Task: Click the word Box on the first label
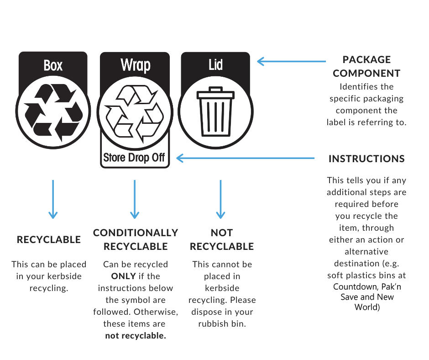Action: [53, 65]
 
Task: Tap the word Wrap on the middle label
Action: [136, 65]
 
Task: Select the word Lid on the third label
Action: [215, 65]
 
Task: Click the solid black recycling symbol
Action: [53, 112]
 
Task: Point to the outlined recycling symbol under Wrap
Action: [135, 114]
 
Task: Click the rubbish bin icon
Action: [215, 111]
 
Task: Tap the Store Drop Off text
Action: [134, 158]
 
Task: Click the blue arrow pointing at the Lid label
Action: [291, 61]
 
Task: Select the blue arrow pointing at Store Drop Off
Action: [246, 158]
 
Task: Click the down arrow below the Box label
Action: [53, 199]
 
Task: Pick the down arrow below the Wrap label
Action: [135, 199]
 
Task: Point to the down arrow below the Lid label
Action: [220, 199]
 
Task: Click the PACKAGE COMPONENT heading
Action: [366, 66]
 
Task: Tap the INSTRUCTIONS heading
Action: [366, 159]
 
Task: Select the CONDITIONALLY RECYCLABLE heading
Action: [136, 239]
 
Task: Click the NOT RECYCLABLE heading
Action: [222, 239]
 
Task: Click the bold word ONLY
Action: [123, 276]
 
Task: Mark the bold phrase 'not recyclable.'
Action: [136, 336]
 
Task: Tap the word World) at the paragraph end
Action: [367, 307]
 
